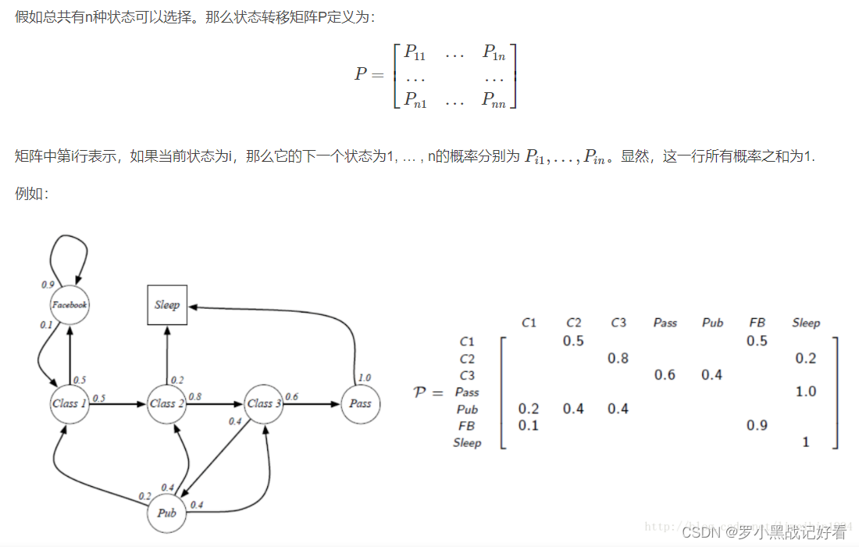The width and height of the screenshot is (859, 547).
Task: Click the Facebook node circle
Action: point(69,304)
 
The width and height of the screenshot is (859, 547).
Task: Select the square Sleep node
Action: point(167,305)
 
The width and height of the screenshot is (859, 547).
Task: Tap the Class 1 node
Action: point(69,403)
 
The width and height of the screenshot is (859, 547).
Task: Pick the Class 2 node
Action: point(167,403)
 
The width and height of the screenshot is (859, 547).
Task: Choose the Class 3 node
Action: point(264,403)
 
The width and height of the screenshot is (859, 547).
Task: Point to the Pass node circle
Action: point(360,403)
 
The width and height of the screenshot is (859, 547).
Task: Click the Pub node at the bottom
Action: point(166,513)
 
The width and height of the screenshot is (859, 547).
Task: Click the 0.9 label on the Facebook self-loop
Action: point(48,284)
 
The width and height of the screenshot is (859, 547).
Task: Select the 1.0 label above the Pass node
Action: point(364,378)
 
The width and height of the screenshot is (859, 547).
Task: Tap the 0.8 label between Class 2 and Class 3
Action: point(194,396)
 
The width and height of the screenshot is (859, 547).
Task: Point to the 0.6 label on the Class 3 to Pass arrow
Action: point(291,396)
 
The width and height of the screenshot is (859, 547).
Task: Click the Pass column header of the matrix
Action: point(665,323)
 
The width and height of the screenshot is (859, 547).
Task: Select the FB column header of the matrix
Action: point(757,323)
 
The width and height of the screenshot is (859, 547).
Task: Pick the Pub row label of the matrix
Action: point(467,409)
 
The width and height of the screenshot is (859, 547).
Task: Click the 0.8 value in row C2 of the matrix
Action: point(618,358)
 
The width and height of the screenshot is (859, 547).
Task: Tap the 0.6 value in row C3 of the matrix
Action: point(665,375)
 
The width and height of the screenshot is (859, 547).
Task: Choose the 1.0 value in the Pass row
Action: point(806,391)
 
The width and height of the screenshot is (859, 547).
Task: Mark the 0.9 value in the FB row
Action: point(757,425)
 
